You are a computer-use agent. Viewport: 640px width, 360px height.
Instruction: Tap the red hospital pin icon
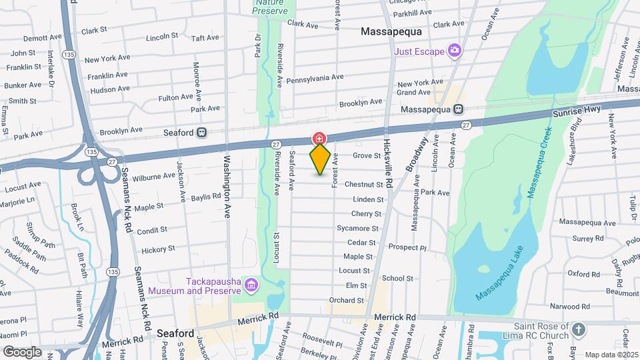click(x=319, y=139)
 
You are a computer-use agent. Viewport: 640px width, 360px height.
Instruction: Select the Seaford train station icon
click(x=201, y=133)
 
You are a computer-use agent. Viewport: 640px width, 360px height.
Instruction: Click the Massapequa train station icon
click(x=459, y=110)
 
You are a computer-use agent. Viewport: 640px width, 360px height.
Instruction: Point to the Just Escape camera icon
click(x=455, y=49)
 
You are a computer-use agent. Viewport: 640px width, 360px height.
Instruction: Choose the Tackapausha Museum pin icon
click(x=251, y=285)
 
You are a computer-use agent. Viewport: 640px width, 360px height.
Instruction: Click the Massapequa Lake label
click(x=500, y=273)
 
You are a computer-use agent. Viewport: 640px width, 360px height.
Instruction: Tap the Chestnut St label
click(x=363, y=185)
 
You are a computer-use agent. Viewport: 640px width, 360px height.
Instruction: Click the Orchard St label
click(x=346, y=301)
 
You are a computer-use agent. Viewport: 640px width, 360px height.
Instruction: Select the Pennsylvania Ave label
click(x=315, y=79)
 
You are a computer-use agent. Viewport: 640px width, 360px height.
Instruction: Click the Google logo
click(x=22, y=351)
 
